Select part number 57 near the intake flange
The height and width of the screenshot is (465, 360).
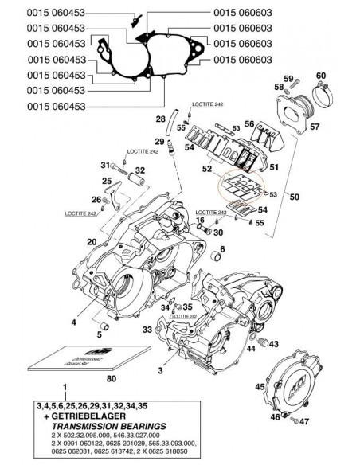(315, 127)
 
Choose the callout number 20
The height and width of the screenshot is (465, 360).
(92, 242)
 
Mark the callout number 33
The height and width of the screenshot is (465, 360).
(147, 329)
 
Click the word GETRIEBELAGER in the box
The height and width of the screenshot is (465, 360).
(89, 416)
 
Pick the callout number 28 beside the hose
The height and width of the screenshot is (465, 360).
(159, 119)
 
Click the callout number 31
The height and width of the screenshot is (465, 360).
(104, 166)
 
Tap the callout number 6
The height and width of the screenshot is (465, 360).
(222, 249)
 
